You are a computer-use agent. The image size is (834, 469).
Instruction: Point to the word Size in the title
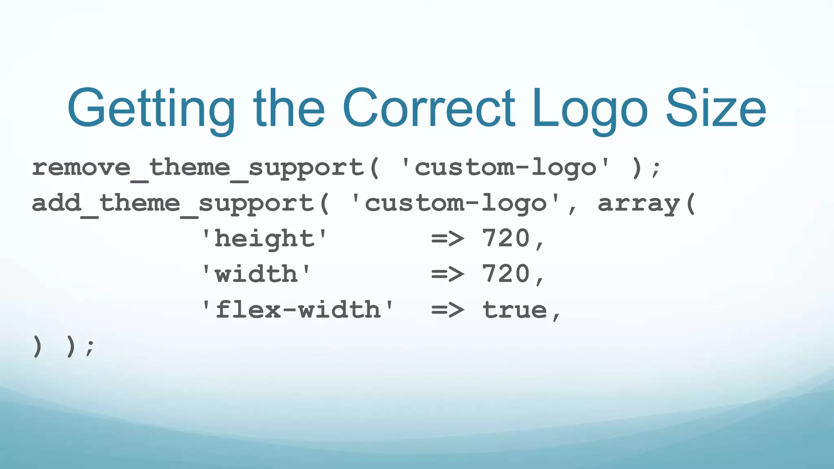click(716, 108)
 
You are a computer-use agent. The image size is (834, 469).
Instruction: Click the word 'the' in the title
click(289, 108)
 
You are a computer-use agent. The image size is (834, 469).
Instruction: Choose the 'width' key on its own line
click(257, 274)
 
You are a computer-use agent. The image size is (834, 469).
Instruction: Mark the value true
click(515, 310)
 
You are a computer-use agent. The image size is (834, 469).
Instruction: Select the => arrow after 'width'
click(448, 274)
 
